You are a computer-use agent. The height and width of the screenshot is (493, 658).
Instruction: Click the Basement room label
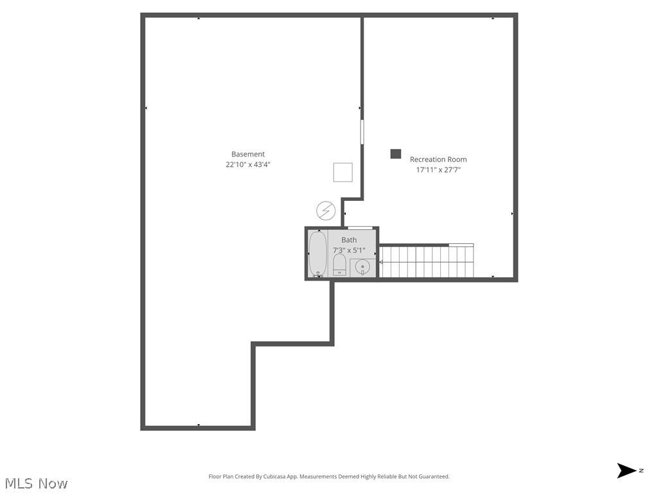248,154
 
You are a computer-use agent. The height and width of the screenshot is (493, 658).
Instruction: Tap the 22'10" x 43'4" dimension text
248,164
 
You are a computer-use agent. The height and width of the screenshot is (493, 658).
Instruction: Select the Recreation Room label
438,159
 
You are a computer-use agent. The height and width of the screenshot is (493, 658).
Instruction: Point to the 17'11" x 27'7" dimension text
438,170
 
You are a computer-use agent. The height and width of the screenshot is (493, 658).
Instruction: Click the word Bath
349,240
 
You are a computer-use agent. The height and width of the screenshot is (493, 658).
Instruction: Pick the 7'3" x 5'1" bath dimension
349,250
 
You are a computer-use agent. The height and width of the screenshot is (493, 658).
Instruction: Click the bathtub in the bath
317,254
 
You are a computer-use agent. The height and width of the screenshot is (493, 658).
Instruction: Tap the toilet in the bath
339,265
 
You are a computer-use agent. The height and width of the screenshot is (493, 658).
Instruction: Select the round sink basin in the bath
362,267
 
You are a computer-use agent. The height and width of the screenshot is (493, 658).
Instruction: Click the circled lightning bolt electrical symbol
326,210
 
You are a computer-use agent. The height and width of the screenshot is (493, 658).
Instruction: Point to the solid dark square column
396,154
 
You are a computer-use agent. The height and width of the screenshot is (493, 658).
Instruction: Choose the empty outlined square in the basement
342,173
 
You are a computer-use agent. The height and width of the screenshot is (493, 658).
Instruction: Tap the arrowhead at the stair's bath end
381,262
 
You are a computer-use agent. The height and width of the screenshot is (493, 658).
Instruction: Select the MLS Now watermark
35,483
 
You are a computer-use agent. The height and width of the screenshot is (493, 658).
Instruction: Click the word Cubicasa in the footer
274,477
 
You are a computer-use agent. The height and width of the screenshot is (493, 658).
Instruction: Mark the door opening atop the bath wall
360,228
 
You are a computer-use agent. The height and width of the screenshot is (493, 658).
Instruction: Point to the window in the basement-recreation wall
362,132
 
